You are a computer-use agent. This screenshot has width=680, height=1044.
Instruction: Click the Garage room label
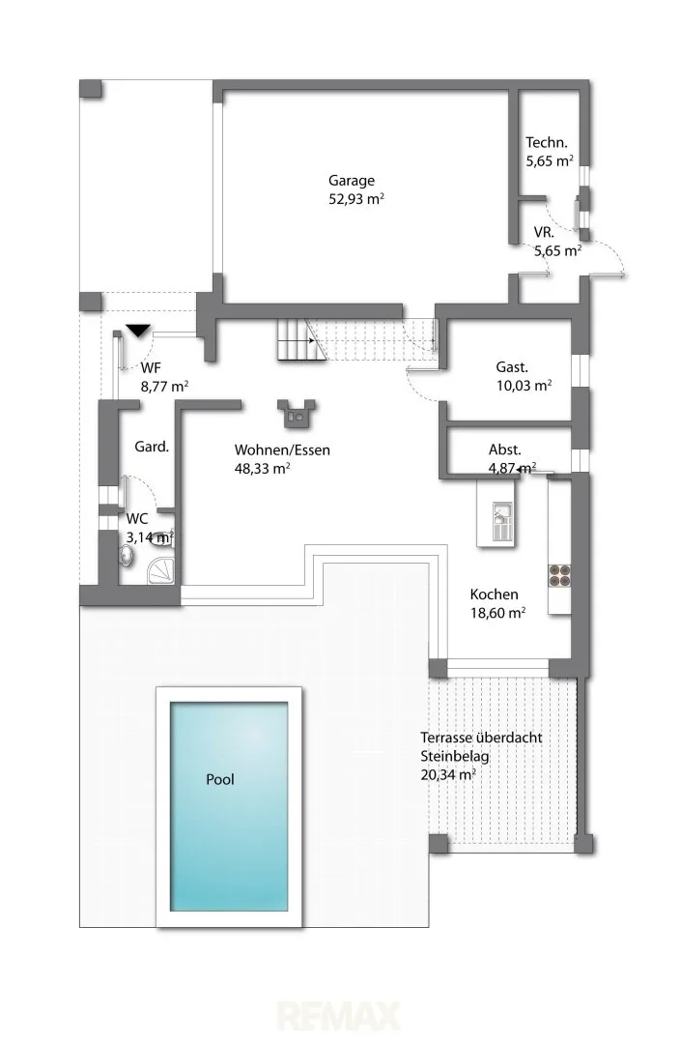pos(352,181)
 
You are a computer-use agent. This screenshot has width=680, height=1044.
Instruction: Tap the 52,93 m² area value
pos(356,198)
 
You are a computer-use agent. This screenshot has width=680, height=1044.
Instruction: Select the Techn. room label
pos(547,142)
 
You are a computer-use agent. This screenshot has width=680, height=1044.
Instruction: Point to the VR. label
pos(544,232)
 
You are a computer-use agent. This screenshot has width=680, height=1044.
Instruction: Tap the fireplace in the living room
pos(297,414)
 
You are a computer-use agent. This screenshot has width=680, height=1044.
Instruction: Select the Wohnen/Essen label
pos(282,450)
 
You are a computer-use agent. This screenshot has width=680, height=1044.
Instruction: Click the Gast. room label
pos(512,367)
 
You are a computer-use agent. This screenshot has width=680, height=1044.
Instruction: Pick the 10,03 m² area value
pos(524,385)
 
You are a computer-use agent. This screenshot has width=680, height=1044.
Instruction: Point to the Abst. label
pos(504,449)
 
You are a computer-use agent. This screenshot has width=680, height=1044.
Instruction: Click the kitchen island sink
pos(501,512)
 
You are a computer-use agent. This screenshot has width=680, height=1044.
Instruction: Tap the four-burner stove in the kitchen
pos(559,575)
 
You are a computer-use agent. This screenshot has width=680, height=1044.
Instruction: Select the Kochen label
pos(494,594)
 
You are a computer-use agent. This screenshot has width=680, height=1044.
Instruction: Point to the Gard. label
pos(152,446)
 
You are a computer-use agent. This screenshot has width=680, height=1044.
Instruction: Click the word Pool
pos(219,779)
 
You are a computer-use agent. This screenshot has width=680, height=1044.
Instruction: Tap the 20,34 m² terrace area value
pos(448,774)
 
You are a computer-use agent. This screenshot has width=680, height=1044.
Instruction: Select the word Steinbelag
pos(454,756)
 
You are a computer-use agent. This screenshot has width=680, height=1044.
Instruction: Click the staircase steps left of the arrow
pos(293,340)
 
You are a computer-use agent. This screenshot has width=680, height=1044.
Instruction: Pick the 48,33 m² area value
pos(262,468)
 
